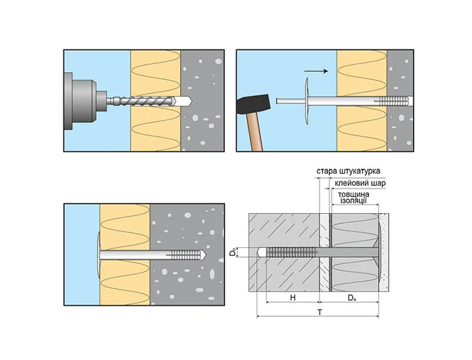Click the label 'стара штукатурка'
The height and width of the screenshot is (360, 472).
pyautogui.click(x=348, y=171)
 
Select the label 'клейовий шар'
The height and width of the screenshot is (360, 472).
pyautogui.click(x=359, y=183)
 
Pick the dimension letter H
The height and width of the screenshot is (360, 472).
pyautogui.click(x=292, y=298)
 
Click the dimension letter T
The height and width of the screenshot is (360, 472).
pyautogui.click(x=319, y=311)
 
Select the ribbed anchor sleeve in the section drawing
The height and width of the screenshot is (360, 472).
pyautogui.click(x=289, y=252)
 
